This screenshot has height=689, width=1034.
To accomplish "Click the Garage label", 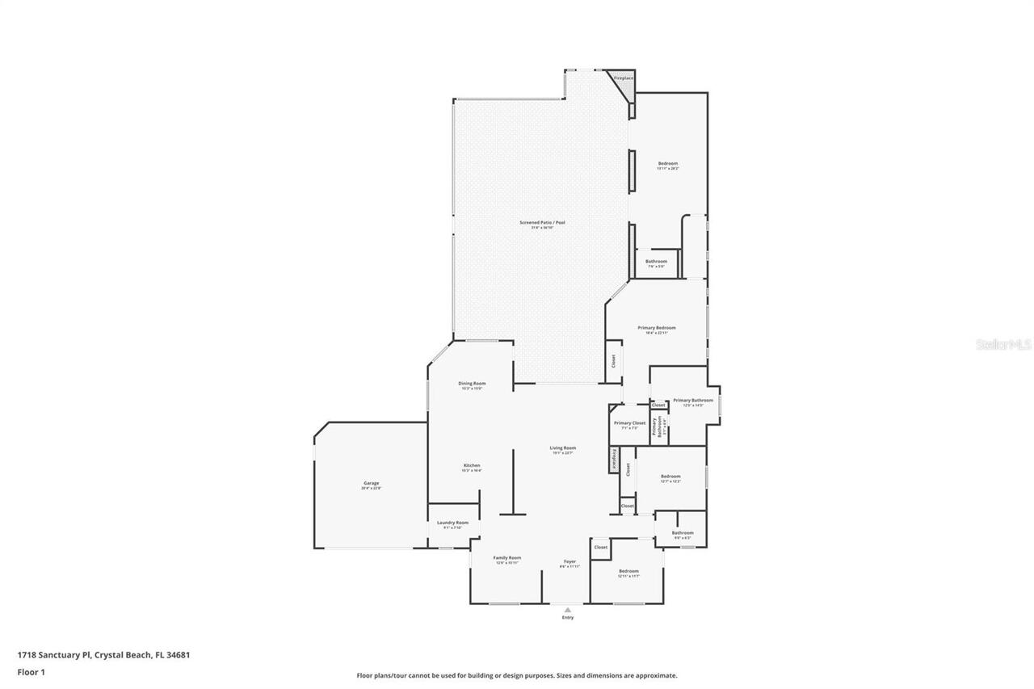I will (370, 483).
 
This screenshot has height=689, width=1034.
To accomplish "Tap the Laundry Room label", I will (452, 523).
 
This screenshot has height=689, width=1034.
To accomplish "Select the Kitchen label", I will (472, 465).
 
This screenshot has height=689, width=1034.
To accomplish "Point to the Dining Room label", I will (472, 384).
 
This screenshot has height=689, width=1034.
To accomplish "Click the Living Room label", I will (563, 448).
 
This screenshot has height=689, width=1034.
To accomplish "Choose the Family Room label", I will (507, 558).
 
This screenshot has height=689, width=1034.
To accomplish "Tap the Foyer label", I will (570, 561).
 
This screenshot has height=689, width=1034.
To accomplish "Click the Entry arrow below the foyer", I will (567, 610).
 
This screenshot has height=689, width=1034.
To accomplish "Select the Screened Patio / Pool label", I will (542, 223).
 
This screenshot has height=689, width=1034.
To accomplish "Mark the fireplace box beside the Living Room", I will (614, 460).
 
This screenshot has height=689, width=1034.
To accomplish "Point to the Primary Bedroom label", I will (656, 328).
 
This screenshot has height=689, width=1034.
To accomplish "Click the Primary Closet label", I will (629, 423).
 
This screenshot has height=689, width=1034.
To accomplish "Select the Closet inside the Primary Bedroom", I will (612, 361).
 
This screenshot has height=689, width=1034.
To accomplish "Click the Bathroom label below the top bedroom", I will (656, 262).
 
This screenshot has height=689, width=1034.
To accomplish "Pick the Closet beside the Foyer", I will (600, 548).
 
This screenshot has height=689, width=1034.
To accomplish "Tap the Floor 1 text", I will (31, 671).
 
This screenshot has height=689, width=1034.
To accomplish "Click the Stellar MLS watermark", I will (1003, 344).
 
